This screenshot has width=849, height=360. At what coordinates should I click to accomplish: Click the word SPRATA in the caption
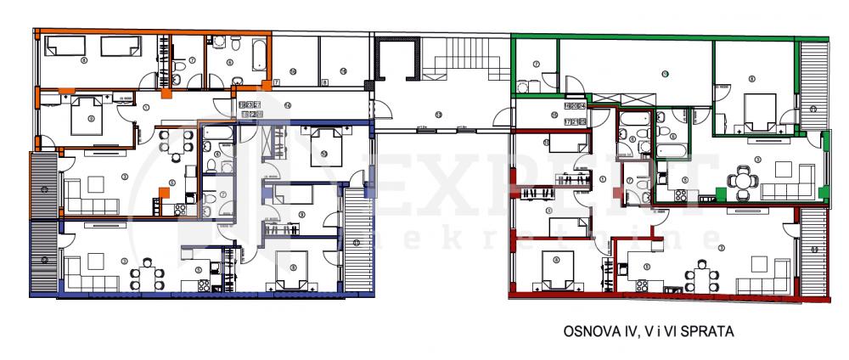pyautogui.click(x=710, y=333)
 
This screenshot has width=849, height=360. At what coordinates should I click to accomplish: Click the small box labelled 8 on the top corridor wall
pyautogui.click(x=325, y=82)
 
